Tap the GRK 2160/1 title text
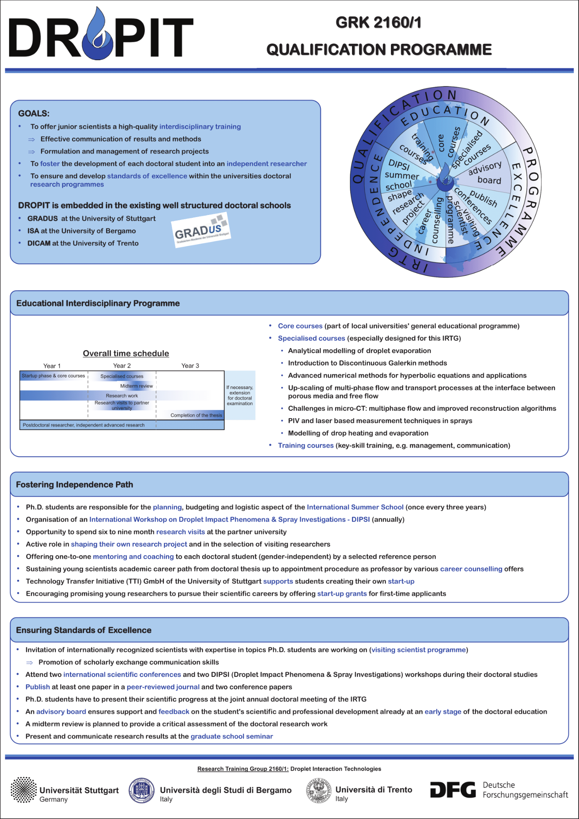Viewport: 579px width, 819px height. [379, 23]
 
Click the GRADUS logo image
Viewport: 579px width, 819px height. [201, 230]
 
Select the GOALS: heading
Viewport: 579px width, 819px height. [34, 113]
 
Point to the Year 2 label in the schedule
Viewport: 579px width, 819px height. [122, 366]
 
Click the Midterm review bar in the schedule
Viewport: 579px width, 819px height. [136, 386]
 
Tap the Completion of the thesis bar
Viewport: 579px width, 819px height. [196, 415]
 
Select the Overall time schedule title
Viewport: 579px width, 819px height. [126, 353]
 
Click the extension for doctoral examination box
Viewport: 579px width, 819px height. [240, 395]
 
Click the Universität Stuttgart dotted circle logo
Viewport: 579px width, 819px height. [23, 790]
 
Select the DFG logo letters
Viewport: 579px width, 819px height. [453, 790]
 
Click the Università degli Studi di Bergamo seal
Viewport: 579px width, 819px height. [141, 790]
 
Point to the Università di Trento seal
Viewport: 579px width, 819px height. [318, 790]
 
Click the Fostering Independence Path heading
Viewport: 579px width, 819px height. [75, 484]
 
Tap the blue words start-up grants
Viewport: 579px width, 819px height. [342, 593]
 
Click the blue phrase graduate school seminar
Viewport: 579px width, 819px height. [232, 736]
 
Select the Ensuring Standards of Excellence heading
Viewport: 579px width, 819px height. [84, 630]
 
